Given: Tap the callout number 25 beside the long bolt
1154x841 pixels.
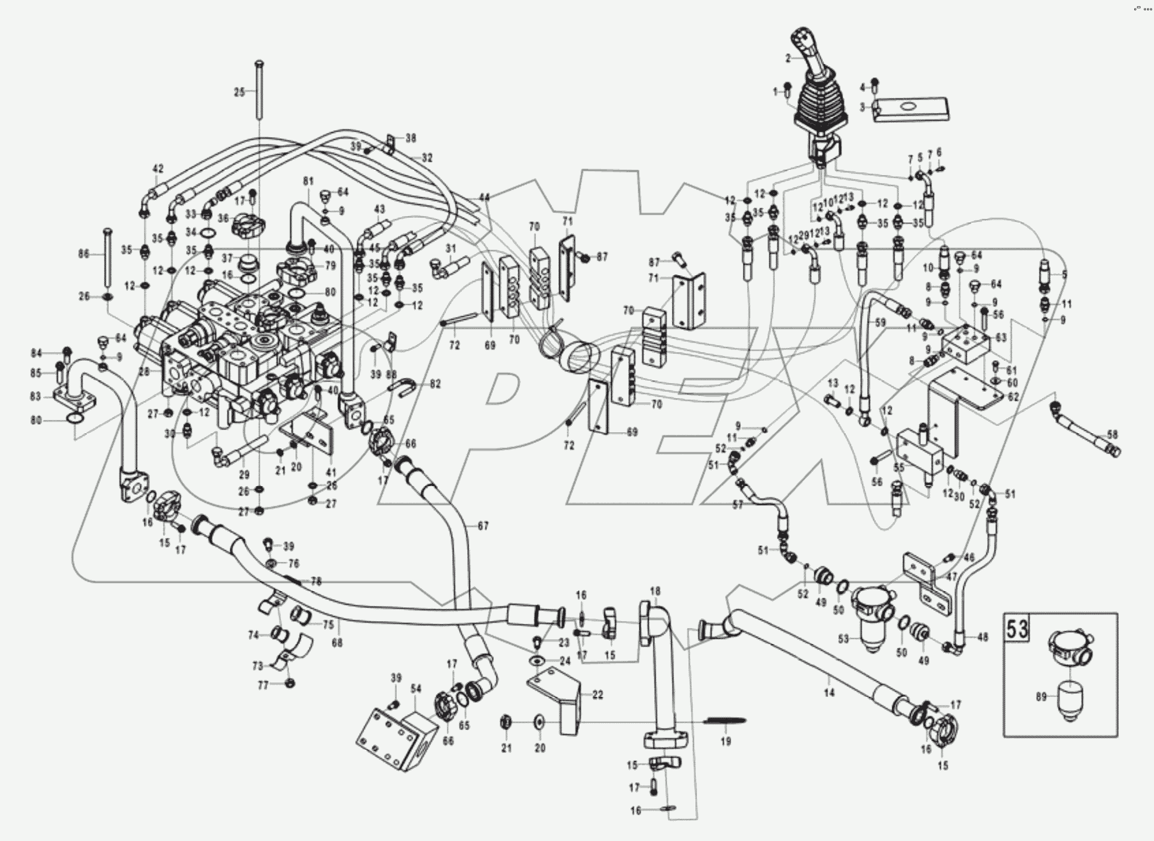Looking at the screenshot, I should [x=239, y=92].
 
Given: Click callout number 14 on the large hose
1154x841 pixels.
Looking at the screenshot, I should [x=829, y=693].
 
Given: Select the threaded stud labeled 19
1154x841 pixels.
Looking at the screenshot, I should [x=726, y=721].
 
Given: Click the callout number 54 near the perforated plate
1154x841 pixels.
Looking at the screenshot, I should [x=416, y=689].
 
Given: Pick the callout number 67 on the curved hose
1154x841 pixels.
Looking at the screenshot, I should [x=483, y=526].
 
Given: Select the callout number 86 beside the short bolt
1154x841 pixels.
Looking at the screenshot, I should [x=84, y=255].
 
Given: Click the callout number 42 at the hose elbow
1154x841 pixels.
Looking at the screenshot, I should [x=158, y=168].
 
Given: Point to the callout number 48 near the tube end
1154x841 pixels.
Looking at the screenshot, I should [x=983, y=637].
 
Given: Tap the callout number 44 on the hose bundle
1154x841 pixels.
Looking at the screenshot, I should [x=484, y=197].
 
